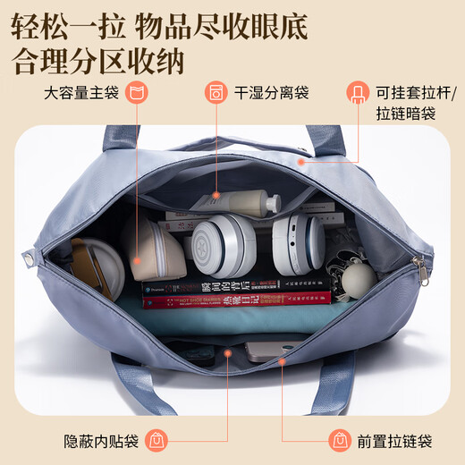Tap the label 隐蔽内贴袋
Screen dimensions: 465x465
(x=102, y=441)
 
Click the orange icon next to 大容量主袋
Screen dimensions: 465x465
(x=137, y=92)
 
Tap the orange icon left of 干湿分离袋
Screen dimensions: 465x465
(x=215, y=92)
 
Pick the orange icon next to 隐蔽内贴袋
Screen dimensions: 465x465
(x=155, y=441)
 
